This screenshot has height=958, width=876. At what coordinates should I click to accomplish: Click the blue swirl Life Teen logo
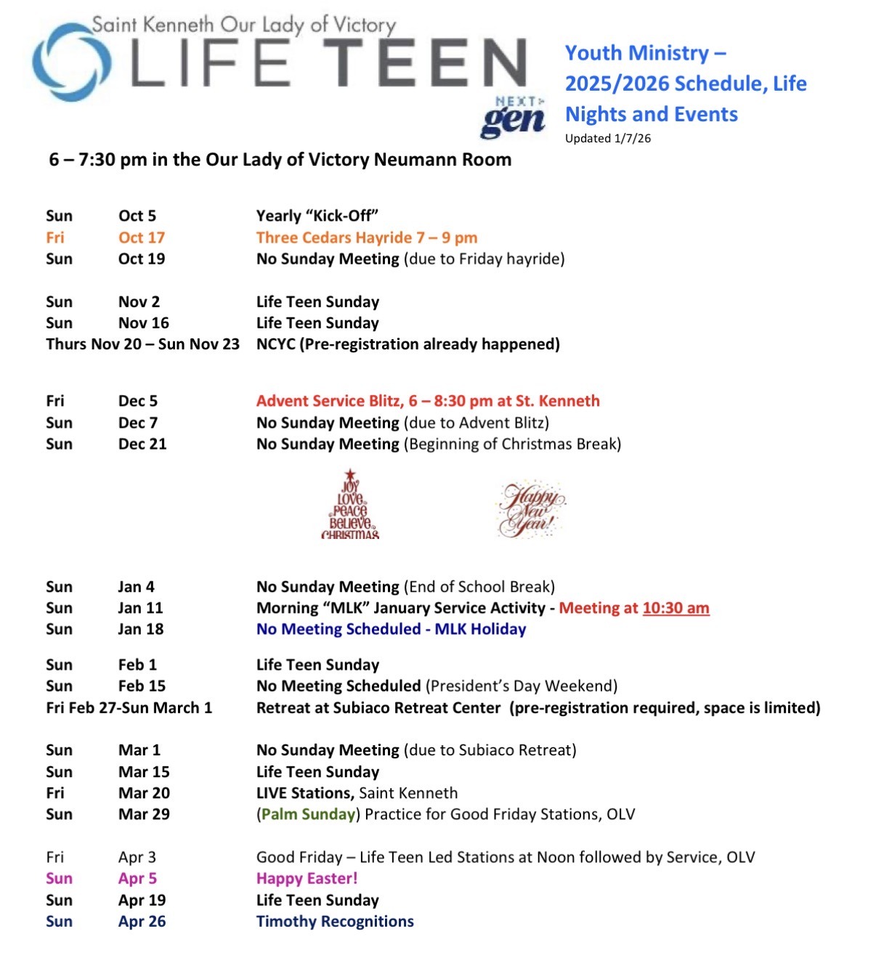click(71, 62)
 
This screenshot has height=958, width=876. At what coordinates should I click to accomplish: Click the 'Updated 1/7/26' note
click(607, 138)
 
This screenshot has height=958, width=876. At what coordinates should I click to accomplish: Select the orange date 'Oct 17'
click(142, 238)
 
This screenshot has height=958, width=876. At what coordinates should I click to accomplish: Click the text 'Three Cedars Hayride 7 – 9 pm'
click(366, 238)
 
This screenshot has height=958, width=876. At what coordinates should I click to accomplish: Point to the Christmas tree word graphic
click(350, 504)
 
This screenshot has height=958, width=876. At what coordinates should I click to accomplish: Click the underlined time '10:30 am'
click(676, 608)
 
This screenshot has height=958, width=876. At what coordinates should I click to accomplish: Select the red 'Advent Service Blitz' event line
click(428, 401)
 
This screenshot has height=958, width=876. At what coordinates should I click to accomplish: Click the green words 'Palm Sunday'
click(308, 814)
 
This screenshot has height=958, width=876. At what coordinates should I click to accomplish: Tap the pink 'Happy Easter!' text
click(307, 878)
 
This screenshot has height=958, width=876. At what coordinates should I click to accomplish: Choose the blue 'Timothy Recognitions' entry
click(335, 921)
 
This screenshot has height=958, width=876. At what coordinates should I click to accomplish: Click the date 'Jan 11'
click(140, 608)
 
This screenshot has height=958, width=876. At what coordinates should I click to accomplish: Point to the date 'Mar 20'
click(144, 792)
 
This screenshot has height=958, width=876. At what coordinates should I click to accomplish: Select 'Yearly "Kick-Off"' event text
click(317, 216)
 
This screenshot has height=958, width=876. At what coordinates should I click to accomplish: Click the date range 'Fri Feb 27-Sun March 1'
click(129, 707)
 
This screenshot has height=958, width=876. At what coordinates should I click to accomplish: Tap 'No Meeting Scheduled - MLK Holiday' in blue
click(391, 629)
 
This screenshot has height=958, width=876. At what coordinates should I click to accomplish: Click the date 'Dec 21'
click(142, 444)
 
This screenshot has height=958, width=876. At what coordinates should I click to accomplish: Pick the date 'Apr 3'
click(137, 857)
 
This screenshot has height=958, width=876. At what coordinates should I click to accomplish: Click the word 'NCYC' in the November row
click(275, 344)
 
